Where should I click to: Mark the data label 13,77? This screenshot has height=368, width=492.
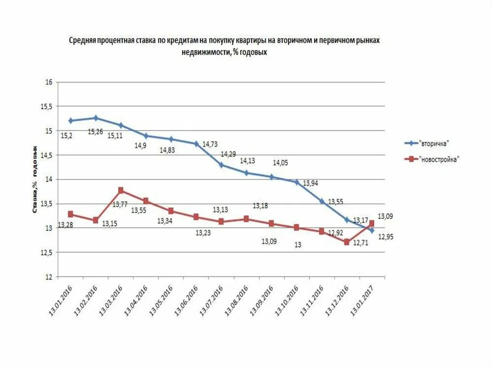tap(120, 204)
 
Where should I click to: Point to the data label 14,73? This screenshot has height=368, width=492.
tap(210, 143)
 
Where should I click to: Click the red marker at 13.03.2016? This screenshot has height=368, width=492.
tap(121, 190)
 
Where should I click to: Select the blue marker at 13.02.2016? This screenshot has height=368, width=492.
tap(96, 118)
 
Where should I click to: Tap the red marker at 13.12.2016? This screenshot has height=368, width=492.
tap(346, 242)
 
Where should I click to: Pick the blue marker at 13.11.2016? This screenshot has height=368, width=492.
tap(321, 201)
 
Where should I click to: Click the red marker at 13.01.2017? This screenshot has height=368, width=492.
tap(372, 224)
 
